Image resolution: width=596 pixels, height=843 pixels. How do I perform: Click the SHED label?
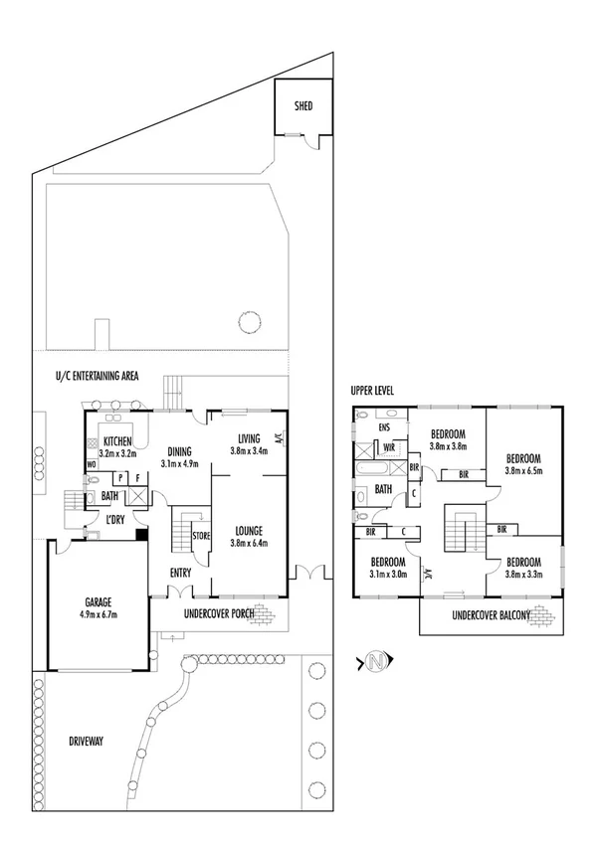coord(302,105)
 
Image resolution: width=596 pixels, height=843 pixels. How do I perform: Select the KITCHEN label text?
coord(117,441)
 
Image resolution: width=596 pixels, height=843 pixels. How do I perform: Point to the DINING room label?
coord(180,450)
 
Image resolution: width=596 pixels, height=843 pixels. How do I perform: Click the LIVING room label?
coord(248,438)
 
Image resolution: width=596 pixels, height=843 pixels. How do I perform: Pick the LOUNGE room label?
coord(248,530)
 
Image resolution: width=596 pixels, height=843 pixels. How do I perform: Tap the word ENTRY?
coord(180,572)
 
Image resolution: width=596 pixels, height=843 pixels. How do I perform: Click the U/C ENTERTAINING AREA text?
coord(97,376)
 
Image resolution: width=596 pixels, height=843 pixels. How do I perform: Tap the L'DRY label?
coord(115,520)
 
